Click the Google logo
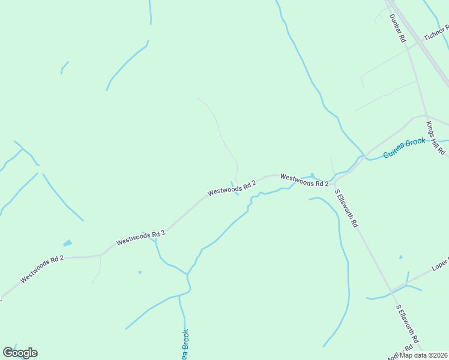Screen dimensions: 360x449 [20, 353]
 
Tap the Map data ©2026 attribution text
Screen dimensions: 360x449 [424, 355]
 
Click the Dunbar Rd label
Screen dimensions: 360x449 [398, 28]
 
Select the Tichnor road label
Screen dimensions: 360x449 [436, 34]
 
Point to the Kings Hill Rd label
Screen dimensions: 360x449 [435, 136]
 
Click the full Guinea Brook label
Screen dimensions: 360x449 [405, 148]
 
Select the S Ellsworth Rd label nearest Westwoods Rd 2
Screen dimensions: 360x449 [346, 208]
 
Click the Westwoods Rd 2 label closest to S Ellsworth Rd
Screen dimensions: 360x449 [304, 179]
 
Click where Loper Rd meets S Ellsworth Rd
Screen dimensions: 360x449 [392, 292]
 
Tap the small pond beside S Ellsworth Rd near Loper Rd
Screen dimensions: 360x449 [400, 257]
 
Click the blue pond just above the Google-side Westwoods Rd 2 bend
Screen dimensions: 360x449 [67, 243]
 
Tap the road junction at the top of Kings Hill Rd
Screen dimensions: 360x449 [426, 116]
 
